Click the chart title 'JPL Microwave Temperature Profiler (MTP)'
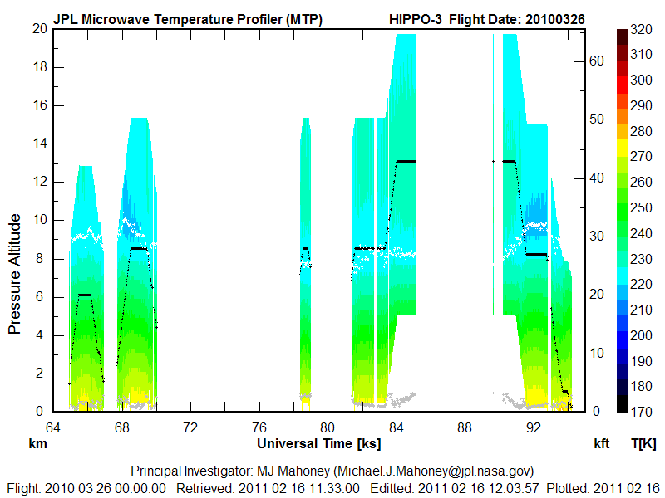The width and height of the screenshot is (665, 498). pos(187,18)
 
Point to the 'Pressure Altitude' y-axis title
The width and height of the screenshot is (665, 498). pos(15,273)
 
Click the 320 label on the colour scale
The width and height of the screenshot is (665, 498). pos(640,30)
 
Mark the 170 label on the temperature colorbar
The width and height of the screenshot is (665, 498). pos(640,411)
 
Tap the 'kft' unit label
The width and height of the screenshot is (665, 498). pos(602,444)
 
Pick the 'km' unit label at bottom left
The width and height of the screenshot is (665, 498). pos(37,444)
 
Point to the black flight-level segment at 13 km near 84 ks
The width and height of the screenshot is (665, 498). pos(406,161)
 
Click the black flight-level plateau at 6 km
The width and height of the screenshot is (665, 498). pos(85,295)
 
